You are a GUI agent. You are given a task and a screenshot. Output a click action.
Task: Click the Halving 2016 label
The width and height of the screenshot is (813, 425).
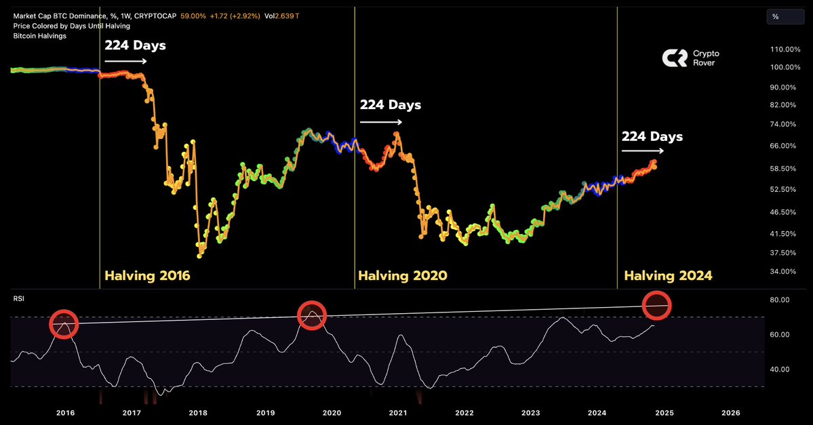click(x=147, y=276)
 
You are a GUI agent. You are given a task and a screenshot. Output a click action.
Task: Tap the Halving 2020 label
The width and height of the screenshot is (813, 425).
click(x=403, y=276)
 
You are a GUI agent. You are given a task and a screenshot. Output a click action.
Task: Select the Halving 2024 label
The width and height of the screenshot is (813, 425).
click(x=668, y=276)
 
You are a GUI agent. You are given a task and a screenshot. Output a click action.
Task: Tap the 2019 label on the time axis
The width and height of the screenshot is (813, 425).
click(x=264, y=413)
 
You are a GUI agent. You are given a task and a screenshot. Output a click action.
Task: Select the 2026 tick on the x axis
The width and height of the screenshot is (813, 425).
click(x=730, y=413)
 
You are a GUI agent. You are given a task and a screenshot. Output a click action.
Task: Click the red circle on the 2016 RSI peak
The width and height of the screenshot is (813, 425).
click(x=64, y=324)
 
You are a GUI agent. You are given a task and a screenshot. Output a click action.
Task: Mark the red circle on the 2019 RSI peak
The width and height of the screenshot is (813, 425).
click(x=312, y=315)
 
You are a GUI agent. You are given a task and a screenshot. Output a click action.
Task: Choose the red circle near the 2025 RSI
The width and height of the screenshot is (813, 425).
click(x=657, y=306)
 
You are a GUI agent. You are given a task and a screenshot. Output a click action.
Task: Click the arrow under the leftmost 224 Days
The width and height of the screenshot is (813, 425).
click(x=125, y=61)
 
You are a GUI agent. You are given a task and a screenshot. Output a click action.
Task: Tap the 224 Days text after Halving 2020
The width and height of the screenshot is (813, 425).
click(x=390, y=105)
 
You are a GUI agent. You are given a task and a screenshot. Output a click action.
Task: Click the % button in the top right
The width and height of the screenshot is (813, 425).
click(x=775, y=16)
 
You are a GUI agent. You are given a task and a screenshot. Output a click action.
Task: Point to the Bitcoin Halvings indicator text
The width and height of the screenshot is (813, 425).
click(x=39, y=35)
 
